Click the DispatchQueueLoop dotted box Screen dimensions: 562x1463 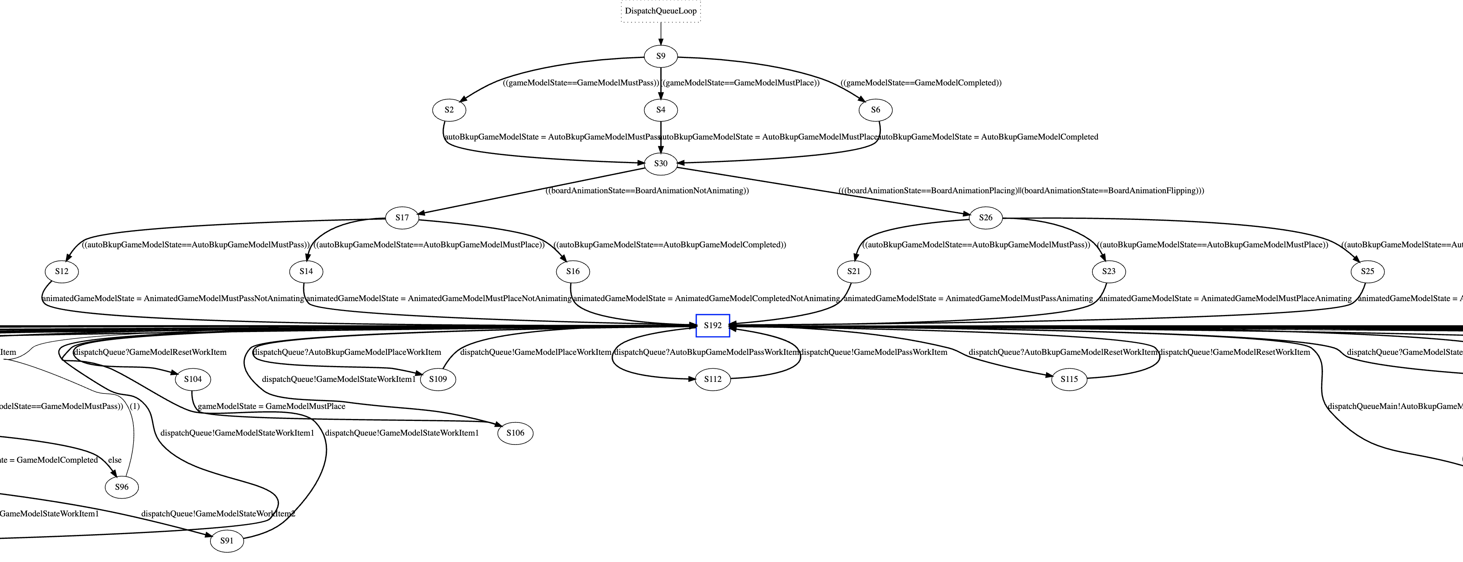coord(660,11)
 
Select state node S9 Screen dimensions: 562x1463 coord(660,56)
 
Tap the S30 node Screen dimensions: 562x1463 coord(660,163)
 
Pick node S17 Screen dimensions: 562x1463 coord(402,218)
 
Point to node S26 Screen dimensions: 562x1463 coord(985,218)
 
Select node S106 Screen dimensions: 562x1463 coord(515,433)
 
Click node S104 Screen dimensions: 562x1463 coord(193,379)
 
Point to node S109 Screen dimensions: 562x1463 coord(438,379)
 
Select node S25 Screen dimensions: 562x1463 coord(1367,271)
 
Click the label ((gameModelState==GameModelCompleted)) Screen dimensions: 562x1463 coord(921,83)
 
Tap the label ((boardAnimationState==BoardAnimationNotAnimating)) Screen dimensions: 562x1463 coord(647,191)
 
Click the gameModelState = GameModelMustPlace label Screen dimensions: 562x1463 coord(272,407)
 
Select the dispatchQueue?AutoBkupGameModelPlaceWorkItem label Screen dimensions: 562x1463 coord(347,353)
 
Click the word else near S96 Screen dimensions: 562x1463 coord(115,460)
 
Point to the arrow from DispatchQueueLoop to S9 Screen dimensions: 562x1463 coord(660,34)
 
